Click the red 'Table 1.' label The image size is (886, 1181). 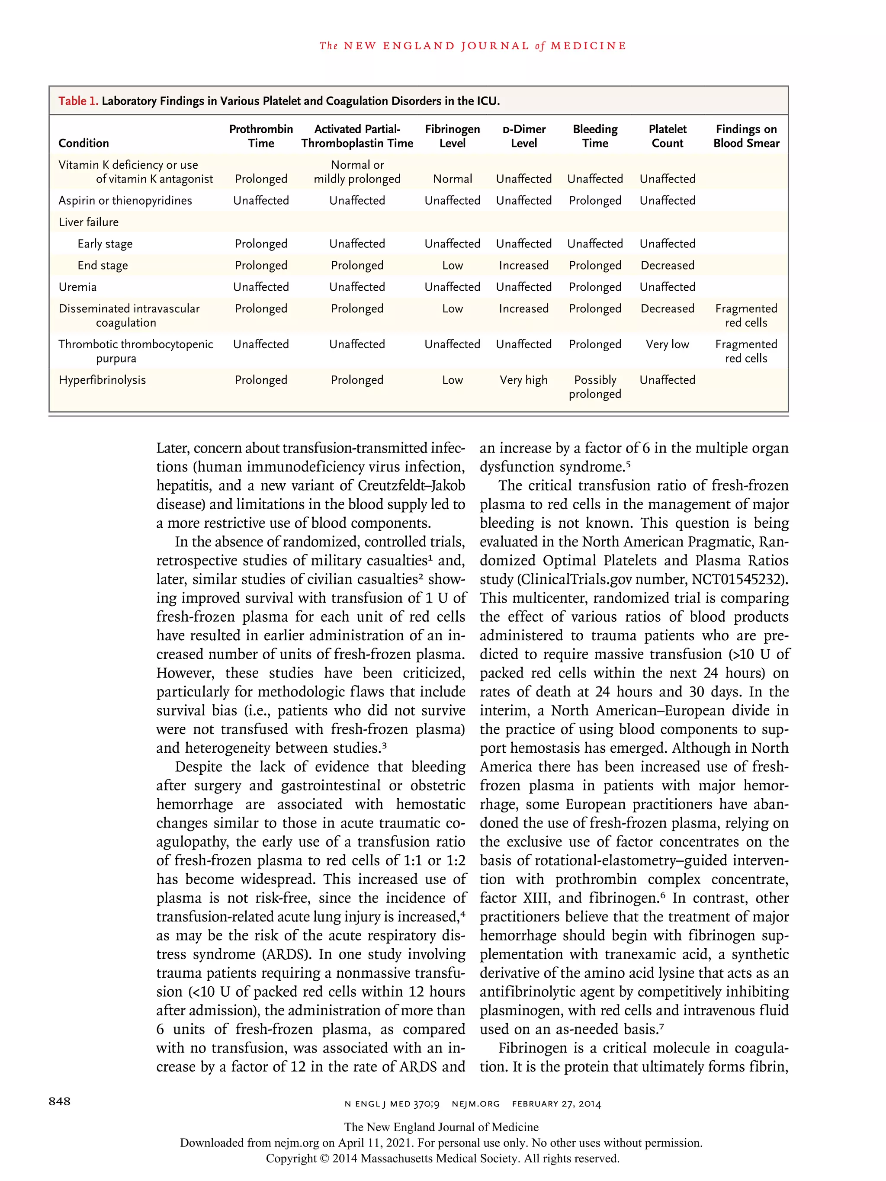pyautogui.click(x=78, y=101)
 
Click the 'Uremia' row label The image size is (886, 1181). pyautogui.click(x=77, y=287)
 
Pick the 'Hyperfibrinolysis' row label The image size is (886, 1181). pyautogui.click(x=102, y=380)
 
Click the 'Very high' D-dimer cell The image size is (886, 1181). pyautogui.click(x=523, y=380)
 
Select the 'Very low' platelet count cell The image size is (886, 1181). pyautogui.click(x=667, y=344)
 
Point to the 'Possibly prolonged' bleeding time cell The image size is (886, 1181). pyautogui.click(x=595, y=387)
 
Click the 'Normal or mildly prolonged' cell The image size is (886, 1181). pyautogui.click(x=357, y=172)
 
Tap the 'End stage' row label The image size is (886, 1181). pyautogui.click(x=103, y=265)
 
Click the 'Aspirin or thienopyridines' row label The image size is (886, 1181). pyautogui.click(x=125, y=201)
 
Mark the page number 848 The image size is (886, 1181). pyautogui.click(x=59, y=1101)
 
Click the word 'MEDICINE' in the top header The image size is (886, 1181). pyautogui.click(x=588, y=46)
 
